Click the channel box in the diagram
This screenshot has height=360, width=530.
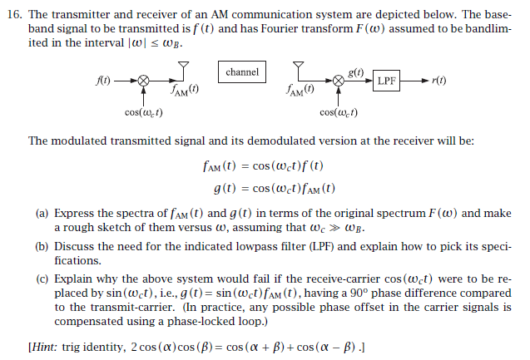[242, 72]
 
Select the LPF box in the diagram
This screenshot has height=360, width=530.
[387, 81]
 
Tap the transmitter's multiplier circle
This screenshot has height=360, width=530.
[143, 81]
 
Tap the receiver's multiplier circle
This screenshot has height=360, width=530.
[339, 81]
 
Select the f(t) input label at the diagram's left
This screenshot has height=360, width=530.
[102, 81]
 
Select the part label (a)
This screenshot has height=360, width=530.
[42, 214]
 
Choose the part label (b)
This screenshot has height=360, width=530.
[42, 247]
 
